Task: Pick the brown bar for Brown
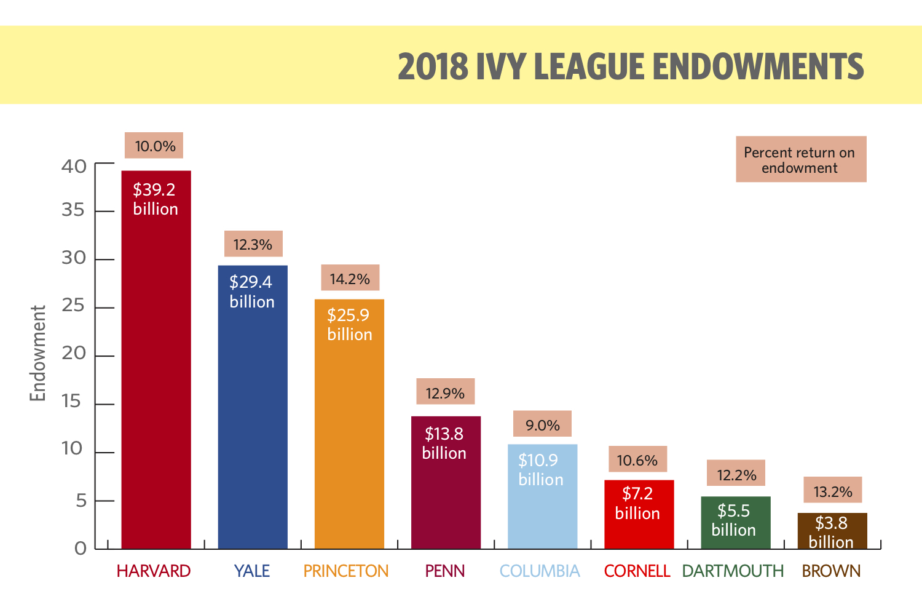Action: coord(832,531)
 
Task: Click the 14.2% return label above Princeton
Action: coord(350,279)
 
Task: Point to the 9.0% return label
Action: coord(542,425)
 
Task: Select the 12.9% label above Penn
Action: coord(445,392)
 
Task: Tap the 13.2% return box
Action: coord(832,491)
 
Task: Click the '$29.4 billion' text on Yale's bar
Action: coord(252,292)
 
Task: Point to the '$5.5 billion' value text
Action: coord(734,520)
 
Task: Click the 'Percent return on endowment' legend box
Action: coord(800,160)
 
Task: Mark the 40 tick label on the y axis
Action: coord(74,166)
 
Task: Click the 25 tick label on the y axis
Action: coord(73,306)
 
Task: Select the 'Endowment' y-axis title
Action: coord(38,353)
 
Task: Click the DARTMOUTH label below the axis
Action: coord(733,571)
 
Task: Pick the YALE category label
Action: coord(252,571)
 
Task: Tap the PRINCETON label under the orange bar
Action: coord(346,571)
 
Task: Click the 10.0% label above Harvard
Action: coord(155,146)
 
